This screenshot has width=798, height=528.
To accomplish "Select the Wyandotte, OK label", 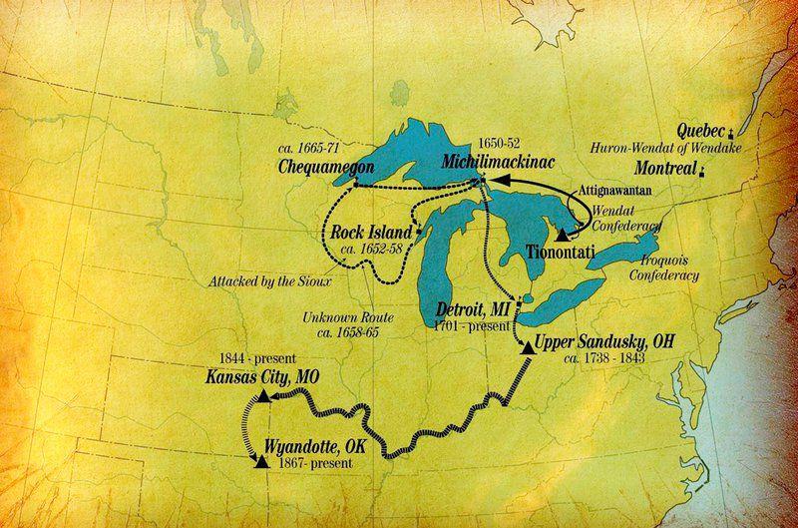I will click(315, 445).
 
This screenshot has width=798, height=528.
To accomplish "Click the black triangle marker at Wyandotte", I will click(261, 461).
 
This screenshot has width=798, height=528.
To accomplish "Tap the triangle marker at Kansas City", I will click(262, 397).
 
